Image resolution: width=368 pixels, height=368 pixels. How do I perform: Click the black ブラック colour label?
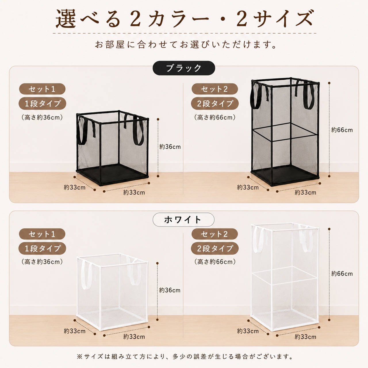[x=184, y=68]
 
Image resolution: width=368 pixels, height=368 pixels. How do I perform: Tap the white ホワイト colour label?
[x=183, y=220]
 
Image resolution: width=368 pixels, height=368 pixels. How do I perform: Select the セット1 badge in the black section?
[x=42, y=89]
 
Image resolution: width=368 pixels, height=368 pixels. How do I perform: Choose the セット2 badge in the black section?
[x=215, y=89]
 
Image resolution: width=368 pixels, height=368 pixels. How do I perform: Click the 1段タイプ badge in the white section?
[x=42, y=248]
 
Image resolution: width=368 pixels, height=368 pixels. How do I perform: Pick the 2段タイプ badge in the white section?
[x=215, y=248]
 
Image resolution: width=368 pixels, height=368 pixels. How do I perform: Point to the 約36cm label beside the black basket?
[x=170, y=147]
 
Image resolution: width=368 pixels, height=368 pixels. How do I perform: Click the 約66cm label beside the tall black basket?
[x=342, y=130]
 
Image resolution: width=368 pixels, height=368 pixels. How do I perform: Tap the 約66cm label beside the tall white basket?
[x=342, y=274]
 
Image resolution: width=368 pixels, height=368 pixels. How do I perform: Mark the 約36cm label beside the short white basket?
[x=170, y=290]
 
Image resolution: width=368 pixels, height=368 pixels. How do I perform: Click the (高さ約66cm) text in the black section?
[x=215, y=117]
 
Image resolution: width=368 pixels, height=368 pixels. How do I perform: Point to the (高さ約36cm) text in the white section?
[x=42, y=262]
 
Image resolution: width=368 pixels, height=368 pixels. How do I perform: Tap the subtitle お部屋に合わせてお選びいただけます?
[x=186, y=45]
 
